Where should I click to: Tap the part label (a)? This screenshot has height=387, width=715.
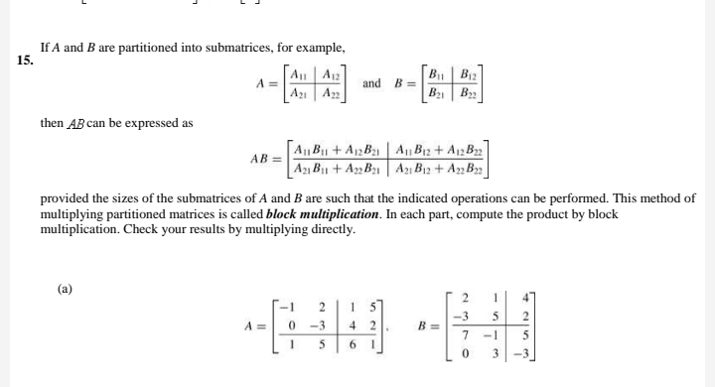click(66, 290)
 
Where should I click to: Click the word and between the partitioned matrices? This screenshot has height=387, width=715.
click(372, 83)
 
